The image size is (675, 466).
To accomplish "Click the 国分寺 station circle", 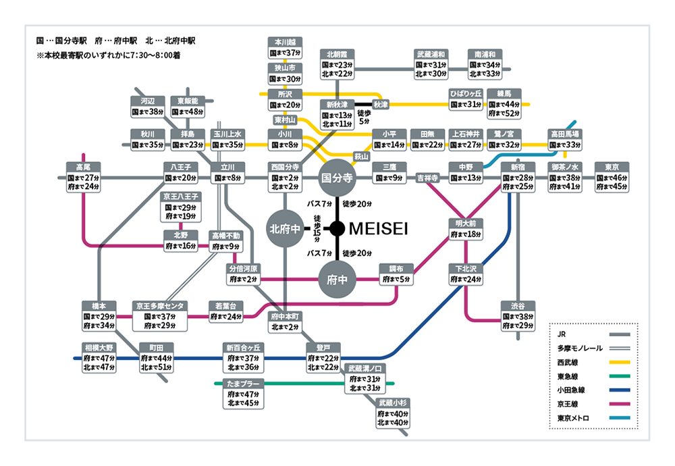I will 337,178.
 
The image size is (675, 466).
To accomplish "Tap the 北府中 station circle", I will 286,229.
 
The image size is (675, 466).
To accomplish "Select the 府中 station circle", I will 337,279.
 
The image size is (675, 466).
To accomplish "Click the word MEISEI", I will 378,230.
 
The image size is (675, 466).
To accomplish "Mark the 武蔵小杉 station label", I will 393,402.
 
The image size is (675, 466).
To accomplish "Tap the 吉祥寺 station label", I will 427,178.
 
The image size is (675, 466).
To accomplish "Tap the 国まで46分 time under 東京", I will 612,178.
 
